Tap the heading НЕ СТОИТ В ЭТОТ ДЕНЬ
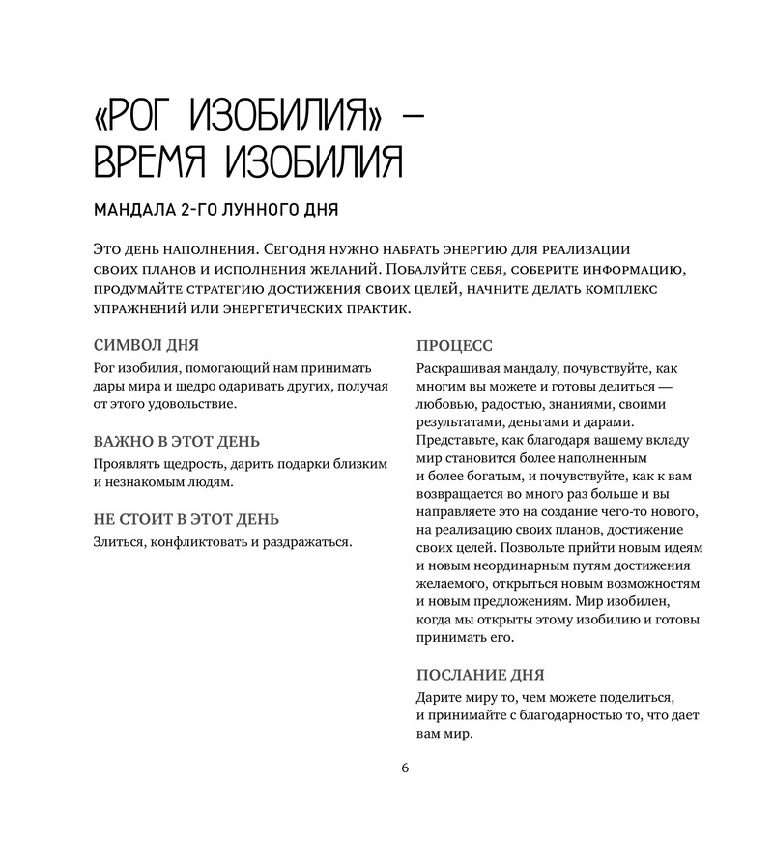(x=186, y=519)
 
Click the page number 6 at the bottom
(x=405, y=768)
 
